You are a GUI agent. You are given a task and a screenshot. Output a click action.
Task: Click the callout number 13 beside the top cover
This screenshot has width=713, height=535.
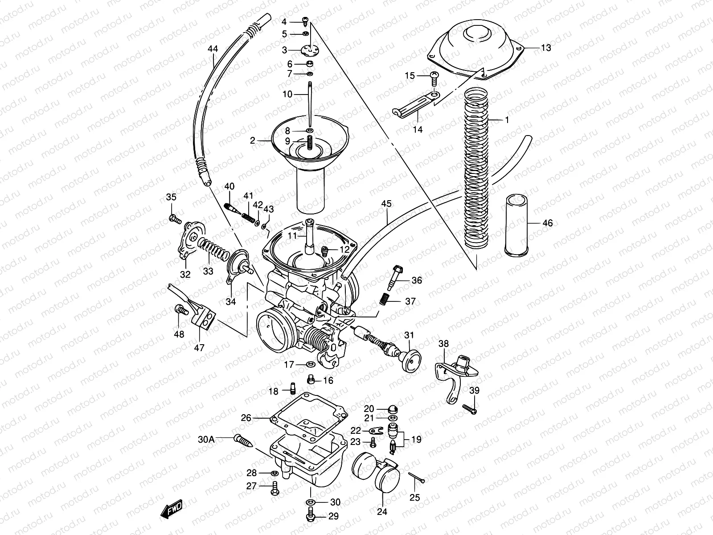tap(545, 48)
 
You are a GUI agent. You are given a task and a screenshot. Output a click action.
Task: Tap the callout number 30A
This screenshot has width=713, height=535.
tap(206, 439)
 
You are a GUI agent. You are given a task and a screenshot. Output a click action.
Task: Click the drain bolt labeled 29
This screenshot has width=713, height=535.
tap(311, 516)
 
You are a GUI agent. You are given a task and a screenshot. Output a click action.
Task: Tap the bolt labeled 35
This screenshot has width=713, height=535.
tap(175, 218)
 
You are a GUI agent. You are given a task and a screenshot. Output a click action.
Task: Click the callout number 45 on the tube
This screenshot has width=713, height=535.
tap(386, 204)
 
